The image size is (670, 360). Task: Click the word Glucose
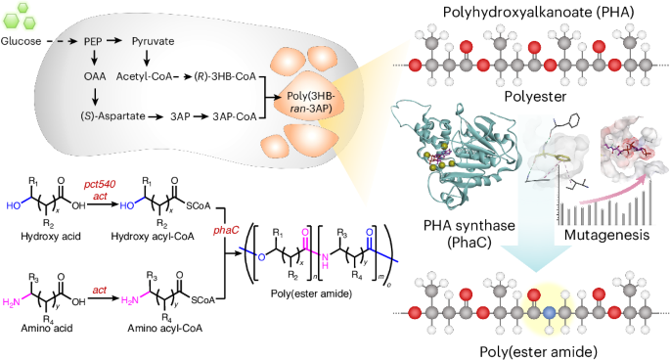pos(22,43)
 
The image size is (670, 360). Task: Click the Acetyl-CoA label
pos(144,74)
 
